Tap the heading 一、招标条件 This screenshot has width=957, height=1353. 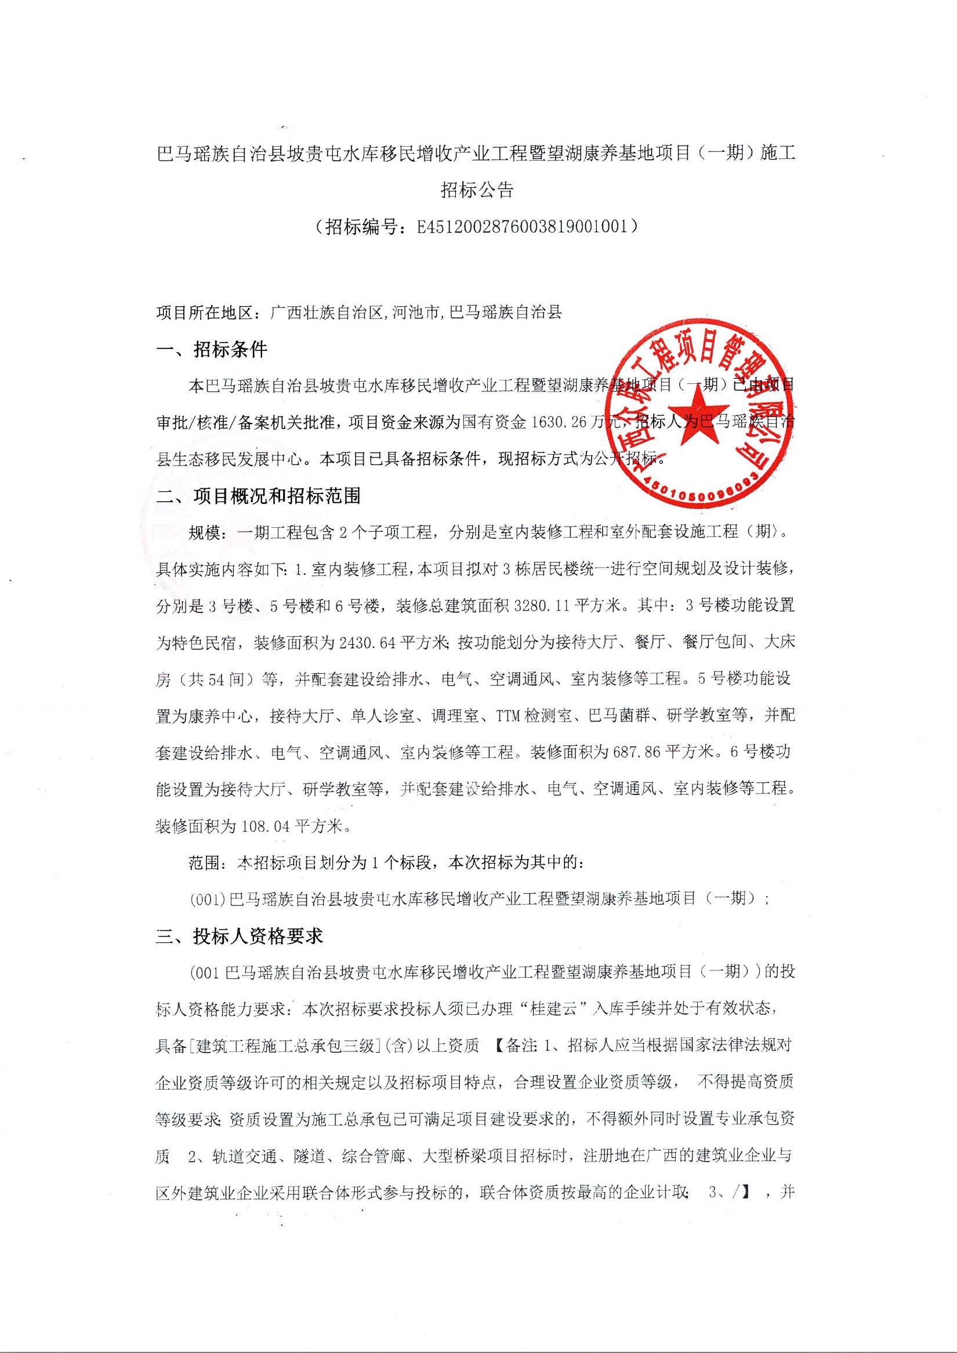[212, 350]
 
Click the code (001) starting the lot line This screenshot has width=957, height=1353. [208, 899]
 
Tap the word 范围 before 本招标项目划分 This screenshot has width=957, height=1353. [204, 863]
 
